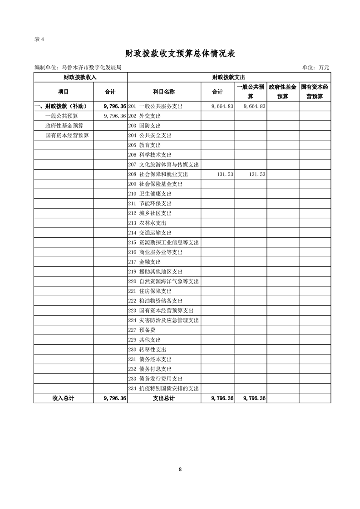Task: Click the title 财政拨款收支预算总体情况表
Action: [x=180, y=54]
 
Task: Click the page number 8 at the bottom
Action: [x=180, y=469]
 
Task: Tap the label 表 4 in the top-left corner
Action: [x=39, y=39]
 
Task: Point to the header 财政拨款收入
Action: [x=80, y=78]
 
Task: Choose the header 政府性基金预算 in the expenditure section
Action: [x=282, y=92]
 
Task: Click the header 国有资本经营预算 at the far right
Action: [x=315, y=92]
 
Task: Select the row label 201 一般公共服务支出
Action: [x=155, y=106]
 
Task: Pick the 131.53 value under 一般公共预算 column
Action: [x=255, y=174]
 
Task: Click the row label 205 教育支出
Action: [x=145, y=145]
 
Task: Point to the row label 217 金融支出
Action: [x=145, y=262]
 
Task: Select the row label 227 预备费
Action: [x=142, y=330]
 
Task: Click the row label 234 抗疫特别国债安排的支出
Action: [x=163, y=388]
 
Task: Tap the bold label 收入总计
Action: [x=63, y=398]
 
